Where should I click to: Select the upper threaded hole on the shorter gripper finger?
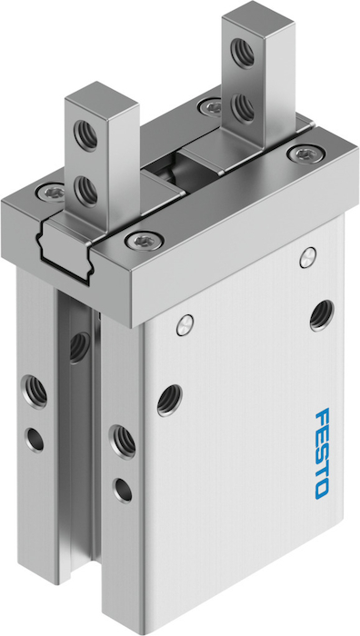pyautogui.click(x=85, y=134)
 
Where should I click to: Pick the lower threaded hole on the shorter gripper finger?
pyautogui.click(x=85, y=190)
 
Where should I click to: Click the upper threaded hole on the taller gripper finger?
pyautogui.click(x=243, y=53)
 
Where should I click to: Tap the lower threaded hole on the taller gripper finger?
pyautogui.click(x=243, y=107)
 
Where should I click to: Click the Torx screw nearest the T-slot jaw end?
pyautogui.click(x=145, y=241)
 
